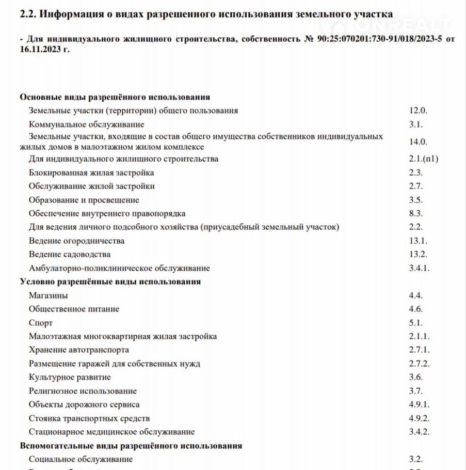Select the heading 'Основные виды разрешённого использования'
pyautogui.click(x=115, y=97)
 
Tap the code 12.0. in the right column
pyautogui.click(x=419, y=111)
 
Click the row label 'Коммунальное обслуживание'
pyautogui.click(x=87, y=124)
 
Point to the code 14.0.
pyautogui.click(x=419, y=142)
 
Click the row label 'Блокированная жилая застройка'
pyautogui.click(x=91, y=173)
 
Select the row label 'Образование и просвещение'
pyautogui.click(x=84, y=200)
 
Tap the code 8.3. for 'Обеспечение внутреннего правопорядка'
pyautogui.click(x=416, y=213)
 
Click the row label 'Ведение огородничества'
pyautogui.click(x=77, y=241)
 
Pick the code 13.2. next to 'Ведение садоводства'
pyautogui.click(x=419, y=254)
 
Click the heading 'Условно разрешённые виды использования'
pyautogui.click(x=110, y=281)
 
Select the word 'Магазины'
pyautogui.click(x=49, y=295)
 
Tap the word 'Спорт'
pyautogui.click(x=41, y=323)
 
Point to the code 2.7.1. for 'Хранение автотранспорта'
pyautogui.click(x=420, y=350)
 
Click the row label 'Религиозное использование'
pyautogui.click(x=83, y=391)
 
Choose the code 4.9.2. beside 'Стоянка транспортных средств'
pyautogui.click(x=420, y=418)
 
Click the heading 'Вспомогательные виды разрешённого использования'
pyautogui.click(x=131, y=445)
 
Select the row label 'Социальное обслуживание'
pyautogui.click(x=81, y=459)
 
